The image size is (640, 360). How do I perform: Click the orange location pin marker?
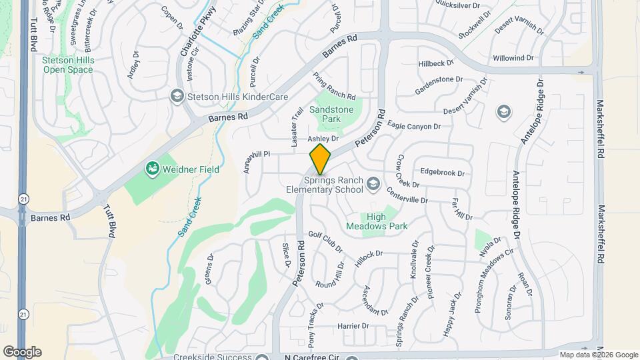[x=320, y=159]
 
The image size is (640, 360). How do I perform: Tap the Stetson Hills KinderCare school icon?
[x=177, y=97]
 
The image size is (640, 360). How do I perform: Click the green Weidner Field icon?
[x=153, y=169]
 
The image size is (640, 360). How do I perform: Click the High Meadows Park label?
[x=377, y=221]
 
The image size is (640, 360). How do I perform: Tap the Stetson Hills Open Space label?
[x=67, y=64]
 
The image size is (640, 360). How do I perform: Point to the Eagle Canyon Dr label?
[x=415, y=126]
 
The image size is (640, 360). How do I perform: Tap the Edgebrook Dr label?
[x=442, y=173]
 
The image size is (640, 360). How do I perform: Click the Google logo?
[x=22, y=351]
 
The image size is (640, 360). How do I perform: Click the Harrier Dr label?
[x=353, y=326]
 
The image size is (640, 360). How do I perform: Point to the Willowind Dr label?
[x=513, y=58]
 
